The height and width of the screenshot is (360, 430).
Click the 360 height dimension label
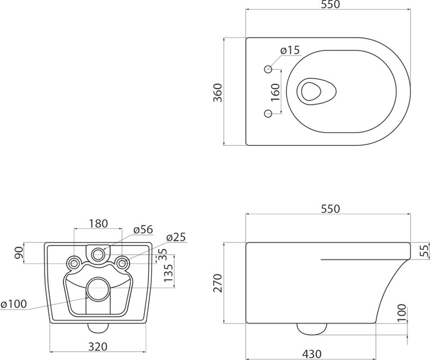tap(218, 92)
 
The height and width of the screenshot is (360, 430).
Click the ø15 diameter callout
tap(290, 51)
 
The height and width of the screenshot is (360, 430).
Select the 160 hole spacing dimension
tap(275, 92)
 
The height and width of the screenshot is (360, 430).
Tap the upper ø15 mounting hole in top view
tap(268, 69)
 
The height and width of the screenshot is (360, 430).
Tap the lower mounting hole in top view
tap(268, 113)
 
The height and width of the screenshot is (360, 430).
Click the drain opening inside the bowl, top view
tap(317, 91)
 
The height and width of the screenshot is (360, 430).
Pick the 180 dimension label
tap(98, 224)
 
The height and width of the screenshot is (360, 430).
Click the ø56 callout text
tap(143, 230)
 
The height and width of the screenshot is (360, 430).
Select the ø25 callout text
tap(176, 237)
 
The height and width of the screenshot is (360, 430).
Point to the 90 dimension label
tap(19, 254)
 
